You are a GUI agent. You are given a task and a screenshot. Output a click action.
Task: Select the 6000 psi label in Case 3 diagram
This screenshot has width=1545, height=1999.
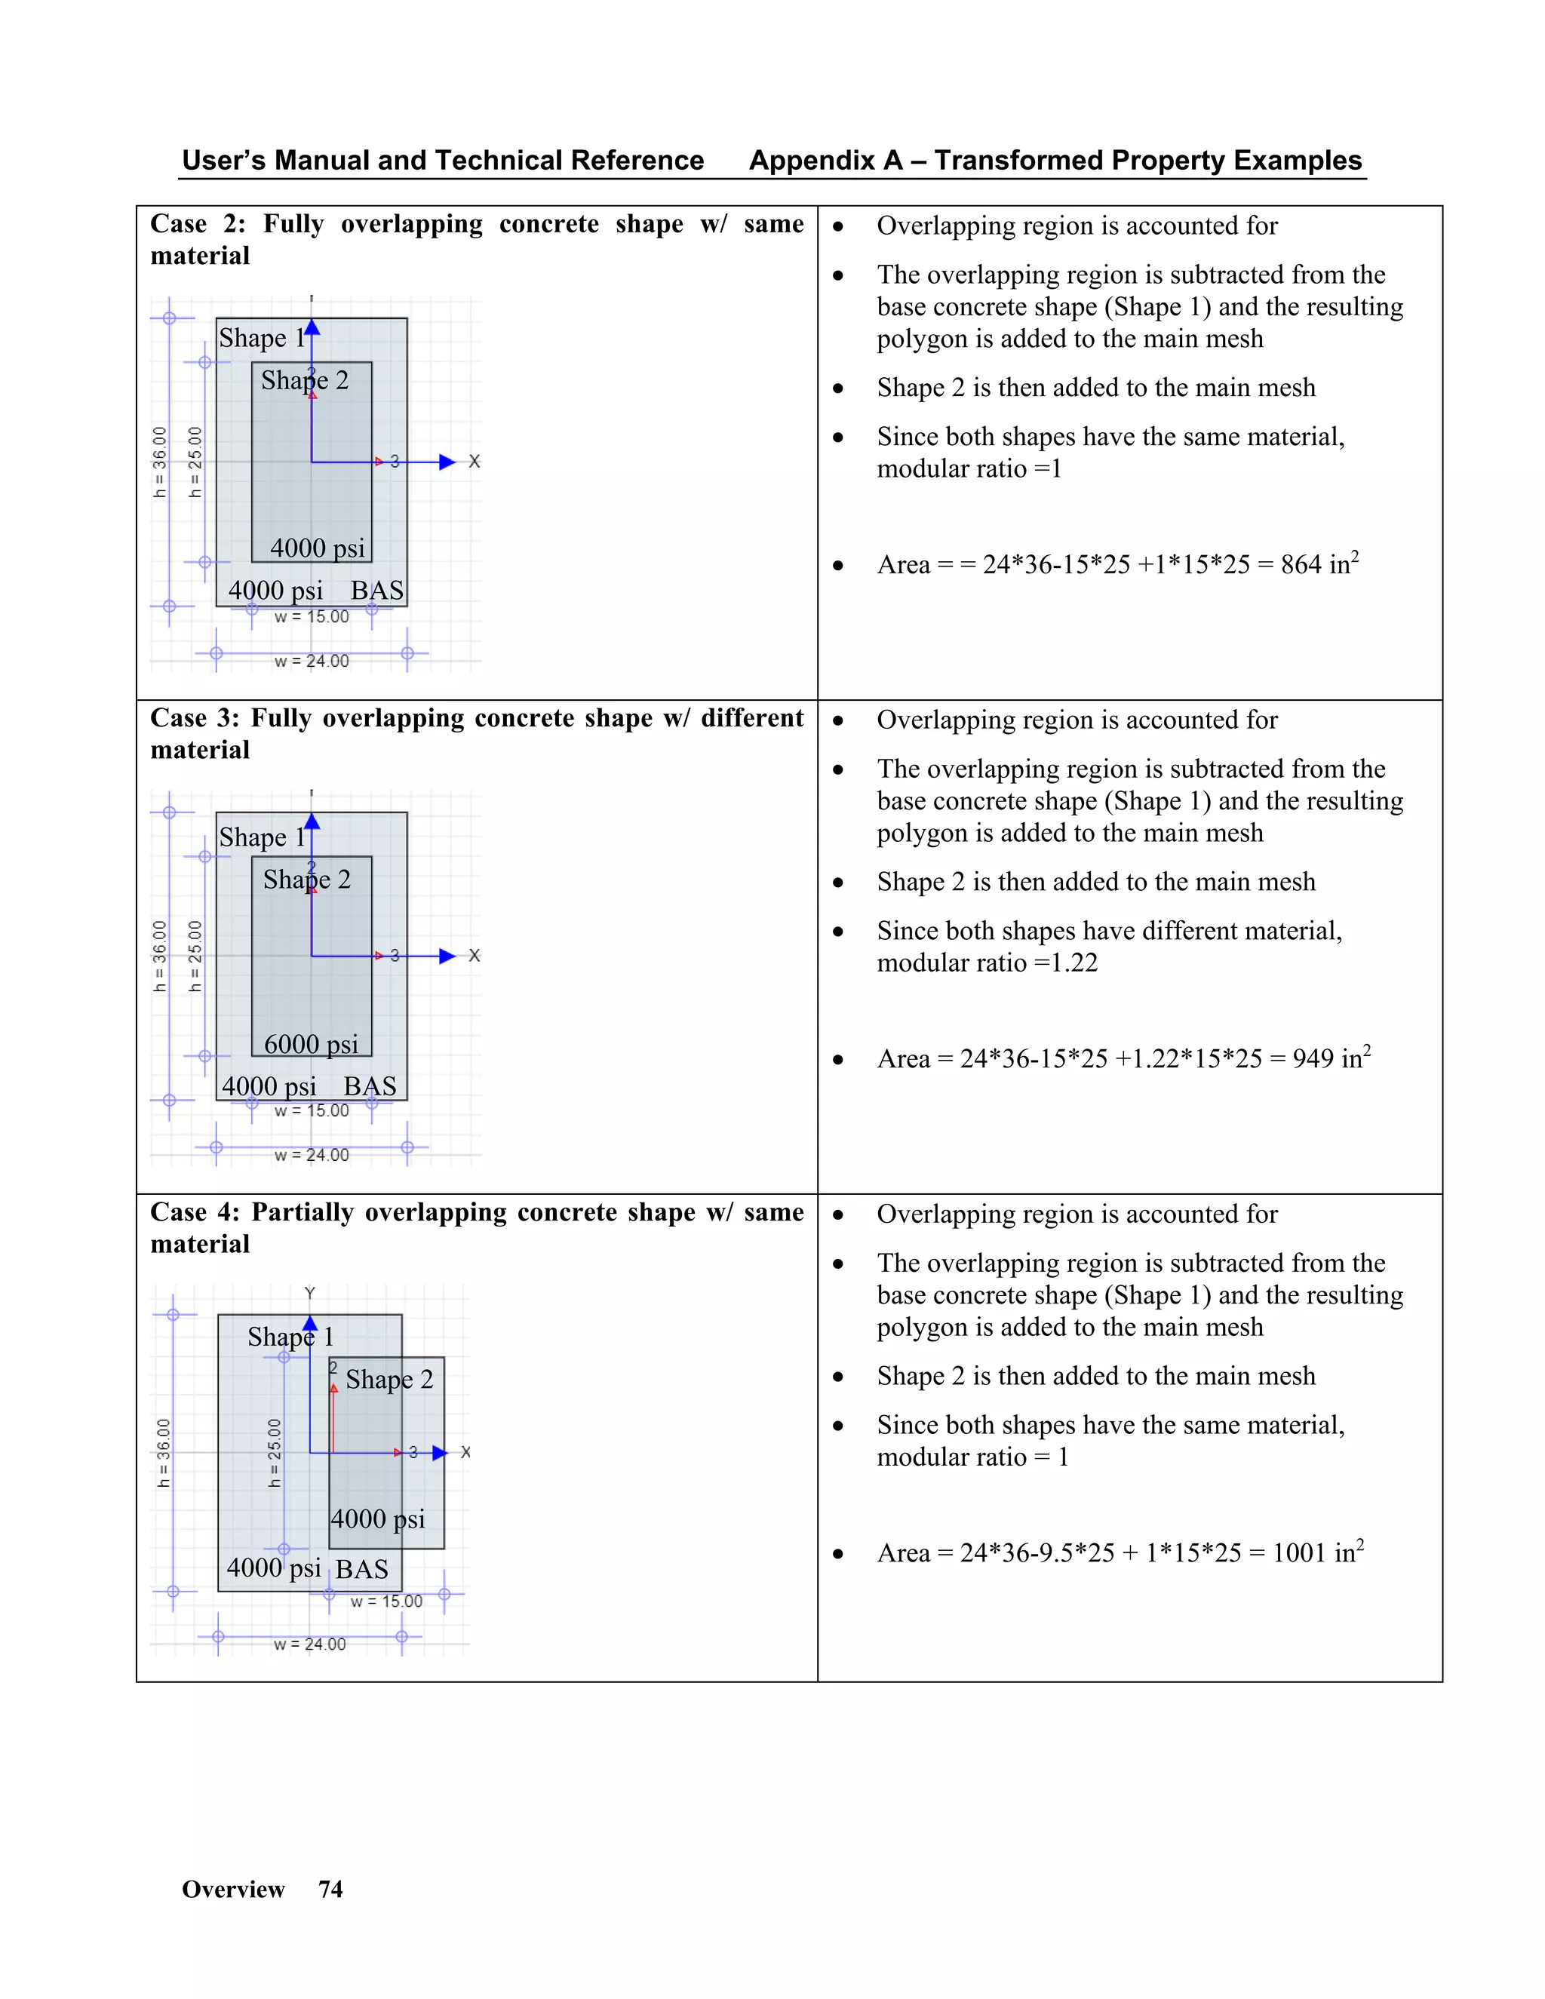(x=312, y=1044)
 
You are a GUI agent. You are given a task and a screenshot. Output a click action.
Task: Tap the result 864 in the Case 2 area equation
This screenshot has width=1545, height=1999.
(x=1301, y=565)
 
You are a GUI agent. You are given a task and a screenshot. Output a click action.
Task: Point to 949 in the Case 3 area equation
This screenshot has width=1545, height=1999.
(x=1313, y=1059)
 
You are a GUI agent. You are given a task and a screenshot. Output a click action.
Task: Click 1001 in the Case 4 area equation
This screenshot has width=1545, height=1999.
(x=1300, y=1553)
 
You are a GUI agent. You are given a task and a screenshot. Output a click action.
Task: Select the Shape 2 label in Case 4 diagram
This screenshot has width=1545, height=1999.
(x=389, y=1380)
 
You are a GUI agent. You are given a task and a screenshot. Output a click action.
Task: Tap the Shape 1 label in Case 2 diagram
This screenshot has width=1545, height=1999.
(x=262, y=338)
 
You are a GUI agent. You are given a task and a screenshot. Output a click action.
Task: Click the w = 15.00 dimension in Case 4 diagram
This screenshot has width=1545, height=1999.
(x=386, y=1601)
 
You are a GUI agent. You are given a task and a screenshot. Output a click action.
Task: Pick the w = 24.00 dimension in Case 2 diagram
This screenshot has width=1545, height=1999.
(x=312, y=661)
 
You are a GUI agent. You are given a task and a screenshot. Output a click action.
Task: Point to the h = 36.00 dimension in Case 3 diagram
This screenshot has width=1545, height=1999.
(x=160, y=956)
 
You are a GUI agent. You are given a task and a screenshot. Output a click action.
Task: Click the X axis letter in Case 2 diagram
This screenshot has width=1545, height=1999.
(x=474, y=462)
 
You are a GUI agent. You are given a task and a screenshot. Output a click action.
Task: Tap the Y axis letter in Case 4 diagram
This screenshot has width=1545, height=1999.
(x=309, y=1292)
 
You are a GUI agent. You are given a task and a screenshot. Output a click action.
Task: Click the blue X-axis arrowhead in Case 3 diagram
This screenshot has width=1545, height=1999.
(x=447, y=956)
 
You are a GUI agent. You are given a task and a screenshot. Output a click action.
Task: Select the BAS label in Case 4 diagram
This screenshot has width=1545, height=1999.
(x=361, y=1569)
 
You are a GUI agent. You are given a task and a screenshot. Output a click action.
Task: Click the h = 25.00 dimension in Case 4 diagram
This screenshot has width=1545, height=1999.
(x=275, y=1453)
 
